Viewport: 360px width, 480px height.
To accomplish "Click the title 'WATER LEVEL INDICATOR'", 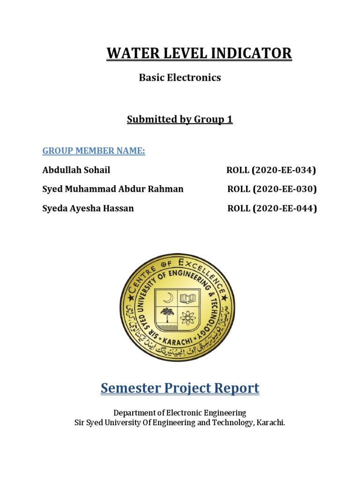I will (x=199, y=53).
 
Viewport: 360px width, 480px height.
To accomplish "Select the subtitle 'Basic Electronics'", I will (x=180, y=78).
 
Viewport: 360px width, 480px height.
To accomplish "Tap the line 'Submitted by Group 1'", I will (x=180, y=120).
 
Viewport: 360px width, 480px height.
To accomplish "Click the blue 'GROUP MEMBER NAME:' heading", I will (x=94, y=151).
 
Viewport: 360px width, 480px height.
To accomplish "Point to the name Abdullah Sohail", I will (x=76, y=170).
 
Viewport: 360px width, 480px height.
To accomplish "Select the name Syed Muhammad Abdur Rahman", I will (x=112, y=189).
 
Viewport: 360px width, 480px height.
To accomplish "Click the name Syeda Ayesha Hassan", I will (x=88, y=209).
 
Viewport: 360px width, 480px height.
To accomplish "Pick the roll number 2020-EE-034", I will (x=284, y=170).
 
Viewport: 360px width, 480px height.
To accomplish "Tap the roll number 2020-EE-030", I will (x=285, y=189).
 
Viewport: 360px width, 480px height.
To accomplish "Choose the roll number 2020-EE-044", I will (x=285, y=209).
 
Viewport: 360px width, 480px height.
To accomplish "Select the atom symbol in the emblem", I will (x=188, y=317).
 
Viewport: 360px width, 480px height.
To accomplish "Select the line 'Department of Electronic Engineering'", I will (x=180, y=413).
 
